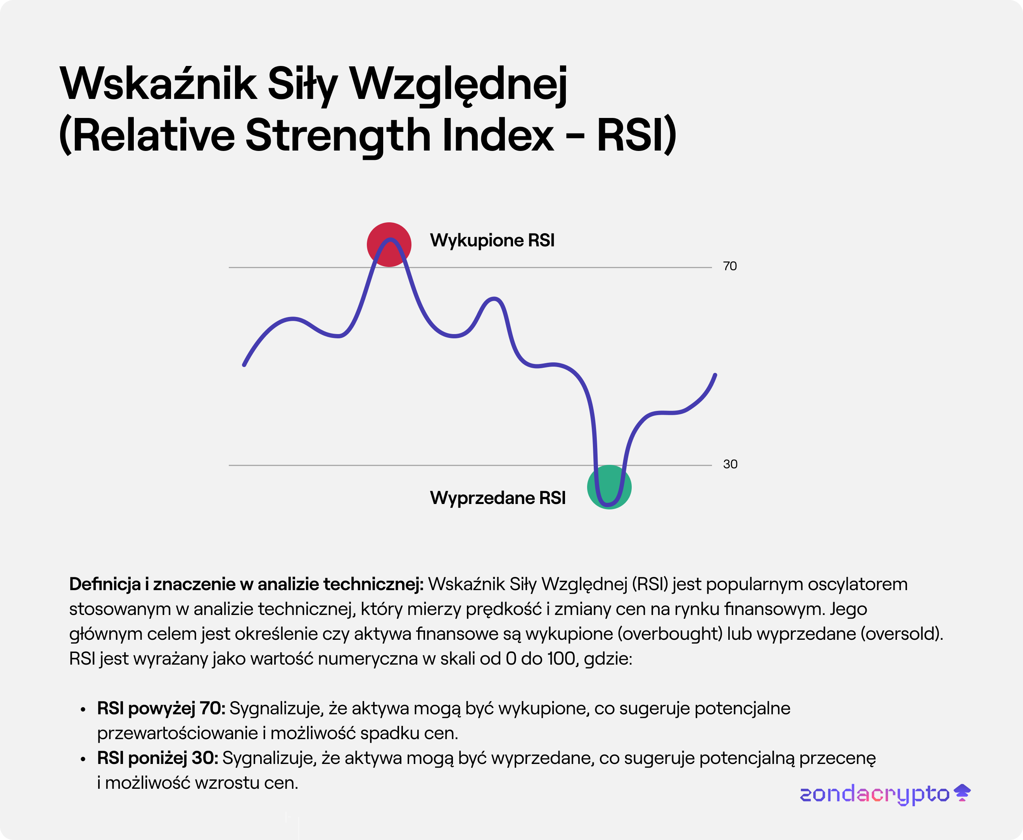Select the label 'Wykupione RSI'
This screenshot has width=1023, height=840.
492,241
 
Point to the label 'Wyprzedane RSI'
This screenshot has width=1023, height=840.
497,498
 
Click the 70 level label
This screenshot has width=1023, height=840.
729,266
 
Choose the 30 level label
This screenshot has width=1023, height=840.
730,464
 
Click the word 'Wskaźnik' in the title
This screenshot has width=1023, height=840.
158,84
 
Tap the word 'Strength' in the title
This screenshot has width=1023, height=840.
338,135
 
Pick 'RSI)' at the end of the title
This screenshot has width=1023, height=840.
636,135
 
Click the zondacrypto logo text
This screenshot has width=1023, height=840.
874,794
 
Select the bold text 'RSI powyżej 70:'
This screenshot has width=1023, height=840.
161,708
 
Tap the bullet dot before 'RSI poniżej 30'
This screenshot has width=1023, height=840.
83,759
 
